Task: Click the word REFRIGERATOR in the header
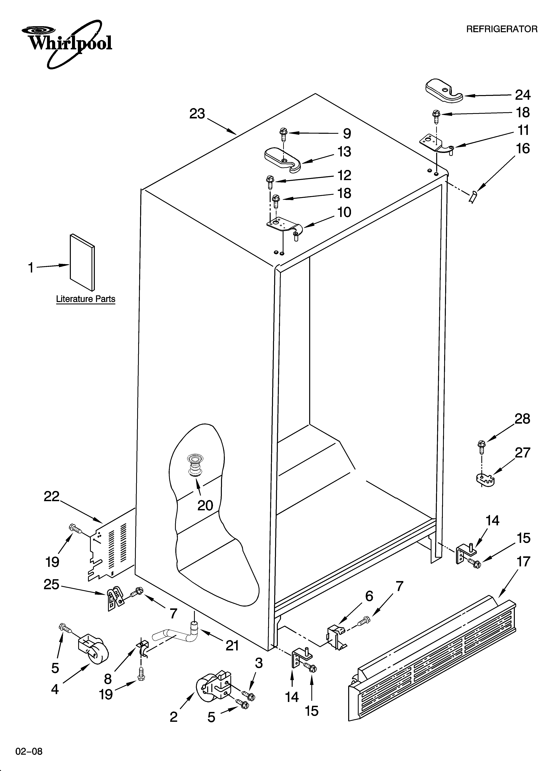click(502, 29)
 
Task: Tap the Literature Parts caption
click(86, 299)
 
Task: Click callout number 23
click(197, 114)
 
